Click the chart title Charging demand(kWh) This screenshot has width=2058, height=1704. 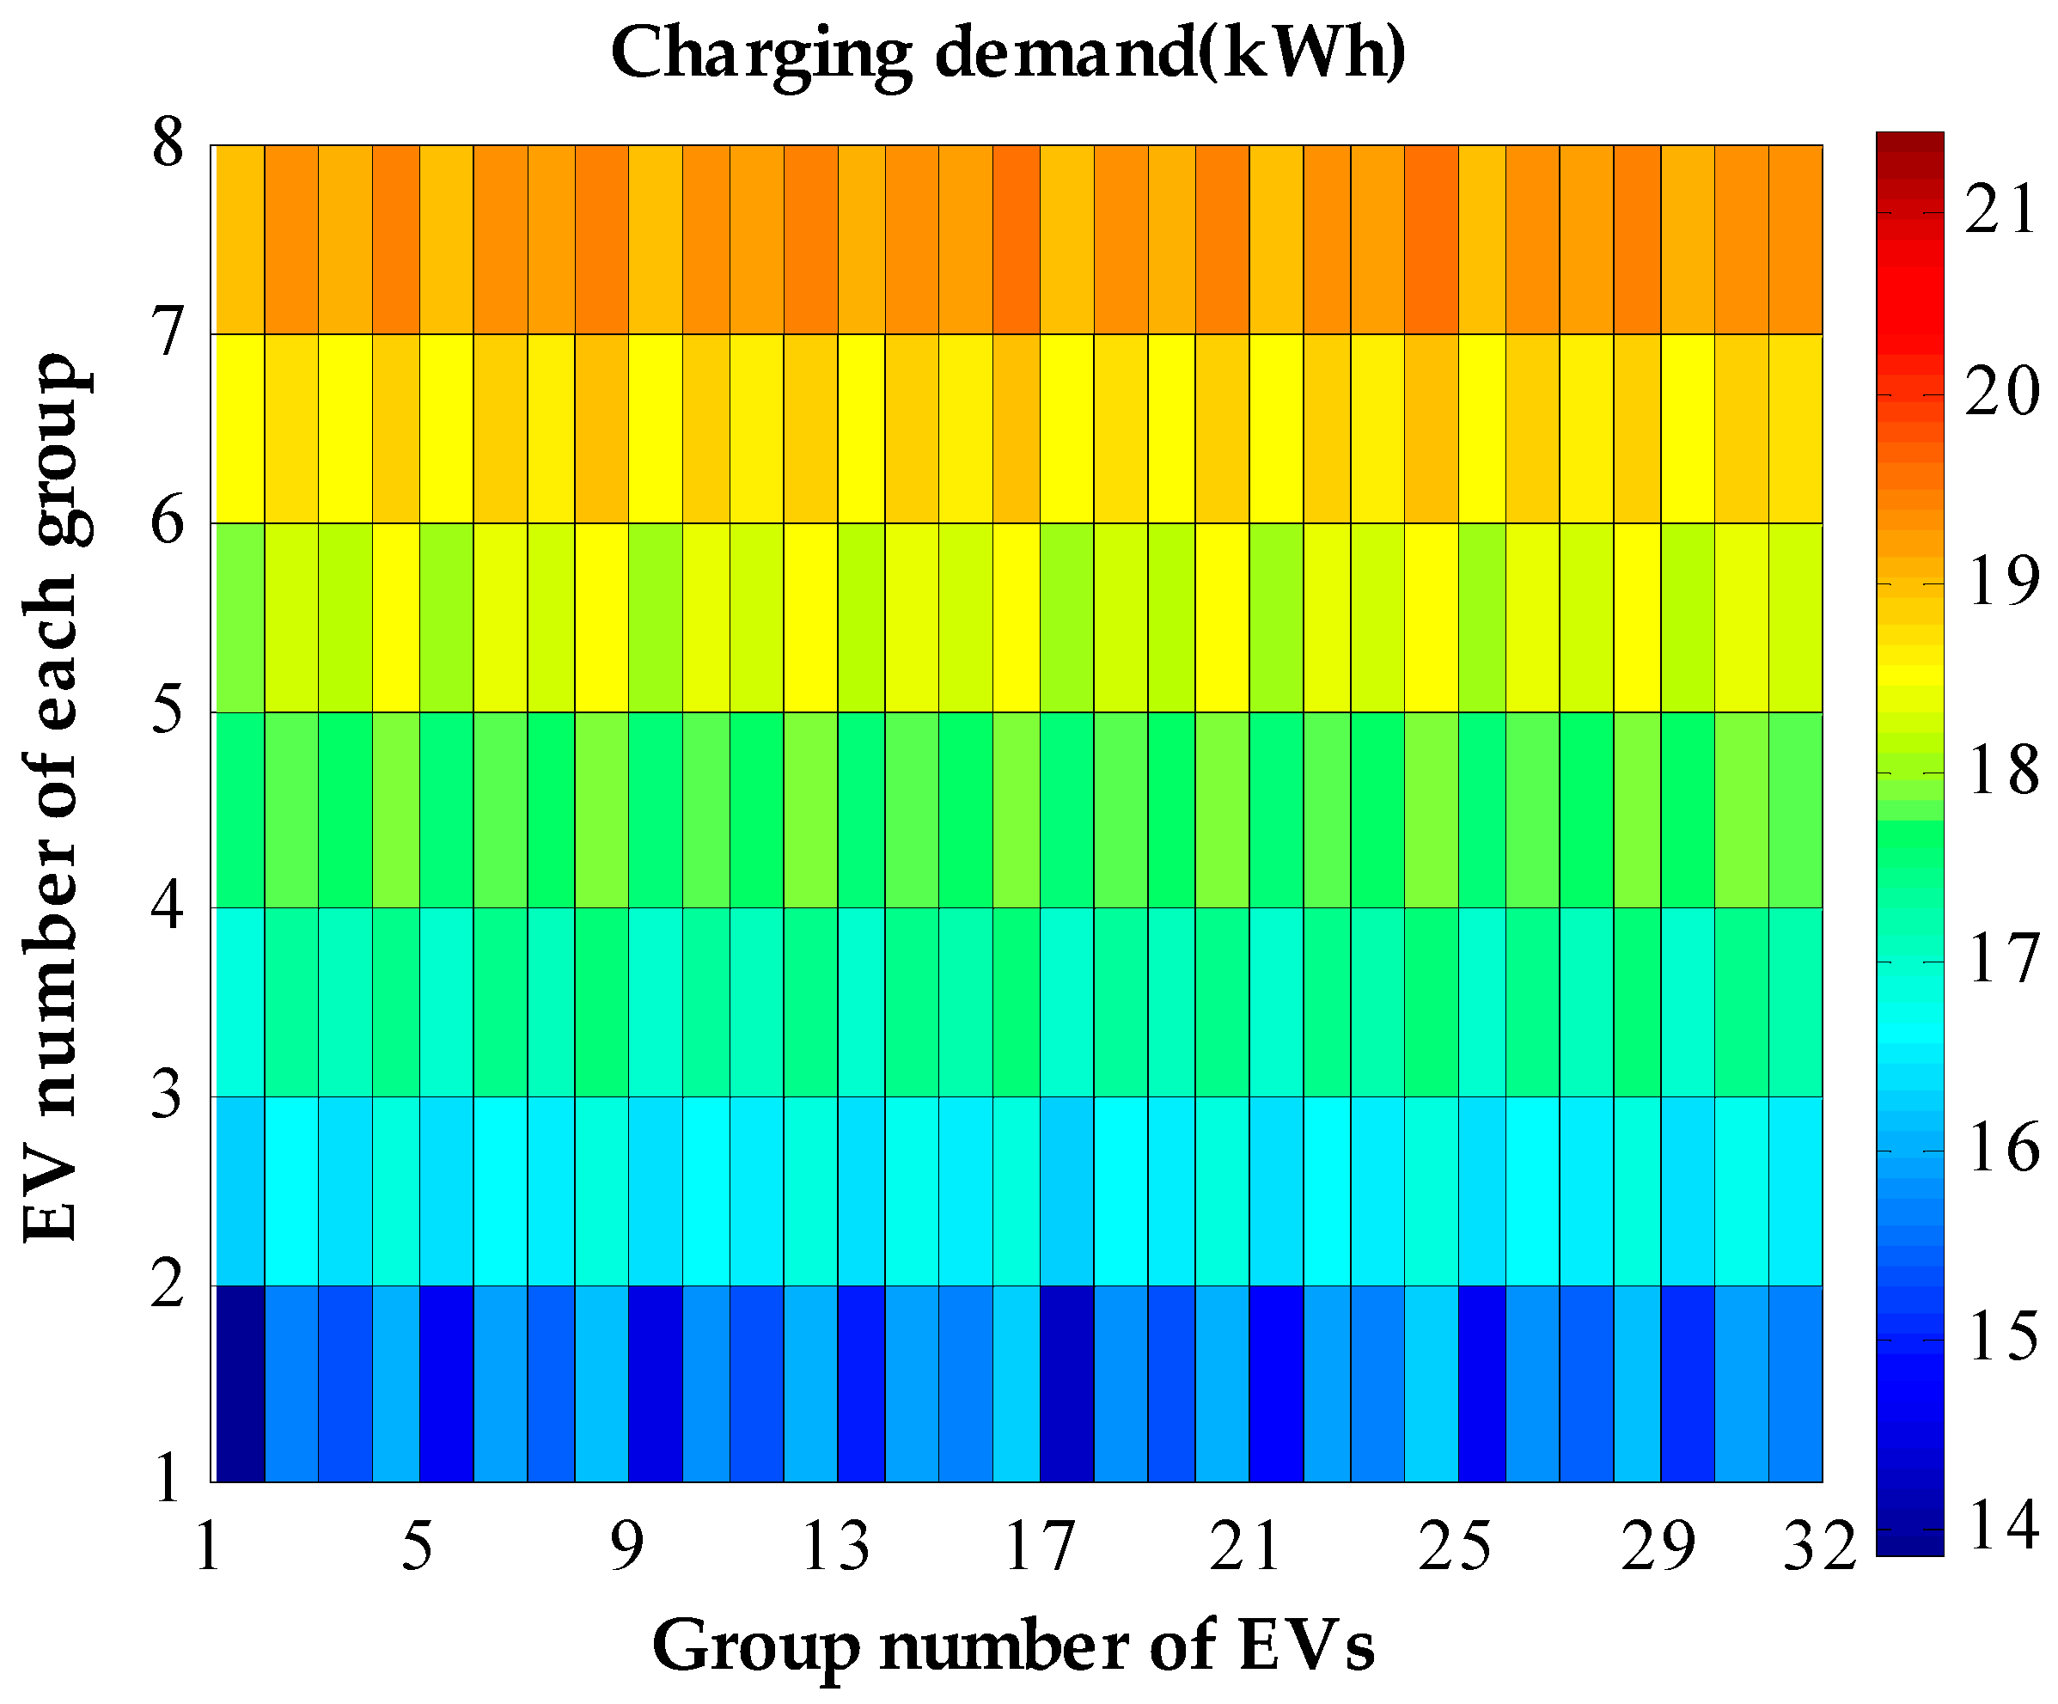1009,54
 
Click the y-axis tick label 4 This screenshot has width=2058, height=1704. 168,907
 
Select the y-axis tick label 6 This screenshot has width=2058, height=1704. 168,522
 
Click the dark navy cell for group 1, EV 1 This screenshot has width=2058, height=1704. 240,1383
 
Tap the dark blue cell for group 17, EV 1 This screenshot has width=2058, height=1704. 1066,1383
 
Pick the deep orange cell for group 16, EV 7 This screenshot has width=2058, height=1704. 1016,240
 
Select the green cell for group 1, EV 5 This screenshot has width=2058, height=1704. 240,617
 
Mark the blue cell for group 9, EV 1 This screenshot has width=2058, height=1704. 655,1383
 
